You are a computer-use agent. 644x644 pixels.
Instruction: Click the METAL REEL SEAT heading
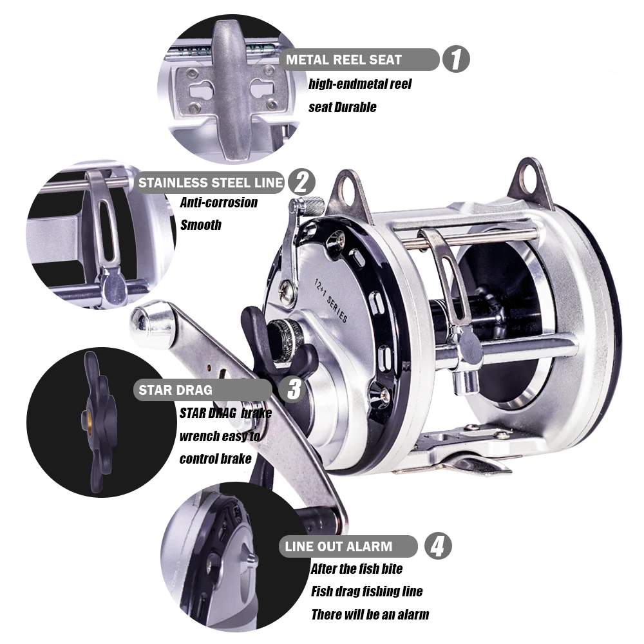click(x=345, y=60)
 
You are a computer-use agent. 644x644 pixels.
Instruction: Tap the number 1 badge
click(x=455, y=60)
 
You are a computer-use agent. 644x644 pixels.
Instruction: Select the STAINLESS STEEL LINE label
click(x=211, y=182)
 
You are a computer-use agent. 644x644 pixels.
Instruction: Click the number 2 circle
click(x=300, y=182)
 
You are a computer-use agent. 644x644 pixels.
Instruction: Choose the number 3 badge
click(x=294, y=390)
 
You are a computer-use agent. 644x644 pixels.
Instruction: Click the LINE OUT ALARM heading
click(x=339, y=547)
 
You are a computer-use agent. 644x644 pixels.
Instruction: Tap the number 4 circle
click(x=437, y=547)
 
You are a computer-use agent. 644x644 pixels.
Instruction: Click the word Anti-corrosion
click(x=219, y=202)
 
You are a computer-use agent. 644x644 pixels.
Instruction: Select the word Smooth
click(x=201, y=225)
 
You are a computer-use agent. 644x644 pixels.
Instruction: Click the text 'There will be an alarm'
click(x=370, y=614)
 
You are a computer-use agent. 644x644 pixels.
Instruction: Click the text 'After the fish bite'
click(x=357, y=569)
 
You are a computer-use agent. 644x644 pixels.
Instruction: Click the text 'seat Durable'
click(x=342, y=107)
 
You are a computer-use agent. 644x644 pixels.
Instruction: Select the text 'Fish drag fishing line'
click(x=367, y=591)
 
